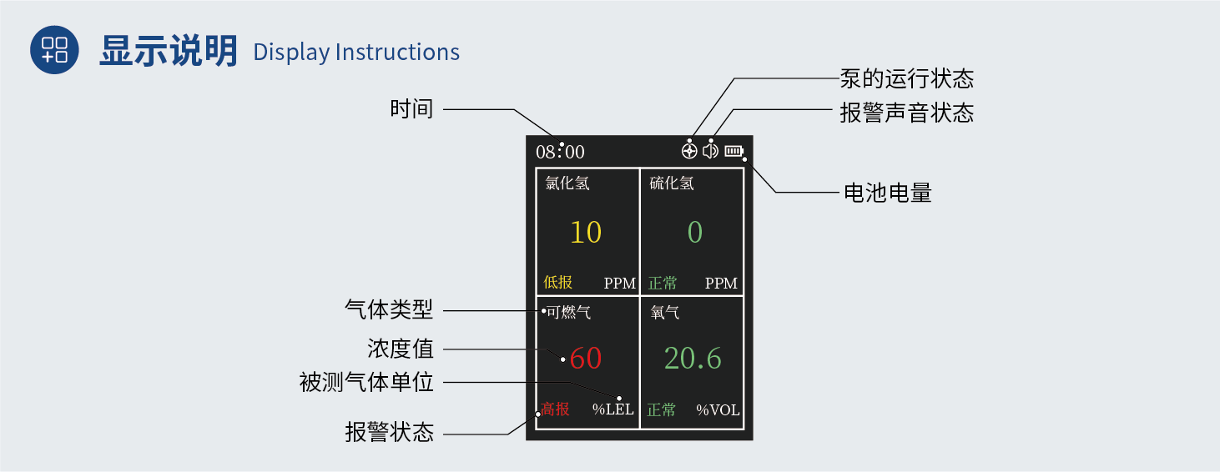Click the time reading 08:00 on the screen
pyautogui.click(x=560, y=152)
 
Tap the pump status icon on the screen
pyautogui.click(x=689, y=151)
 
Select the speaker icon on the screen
pyautogui.click(x=710, y=151)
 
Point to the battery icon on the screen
pyautogui.click(x=734, y=151)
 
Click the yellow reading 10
pyautogui.click(x=586, y=232)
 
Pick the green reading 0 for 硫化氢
pyautogui.click(x=694, y=232)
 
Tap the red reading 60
pyautogui.click(x=586, y=359)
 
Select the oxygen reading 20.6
pyautogui.click(x=693, y=359)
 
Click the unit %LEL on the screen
pyautogui.click(x=613, y=409)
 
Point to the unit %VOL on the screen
pyautogui.click(x=718, y=409)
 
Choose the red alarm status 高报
pyautogui.click(x=555, y=409)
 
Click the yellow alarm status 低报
pyautogui.click(x=558, y=283)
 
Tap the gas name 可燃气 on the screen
pyautogui.click(x=568, y=313)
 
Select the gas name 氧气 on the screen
pyautogui.click(x=665, y=313)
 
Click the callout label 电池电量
pyautogui.click(x=888, y=193)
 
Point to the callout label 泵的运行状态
pyautogui.click(x=907, y=79)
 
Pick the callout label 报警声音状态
pyautogui.click(x=907, y=113)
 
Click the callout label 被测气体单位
pyautogui.click(x=367, y=383)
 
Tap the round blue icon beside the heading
pyautogui.click(x=55, y=50)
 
